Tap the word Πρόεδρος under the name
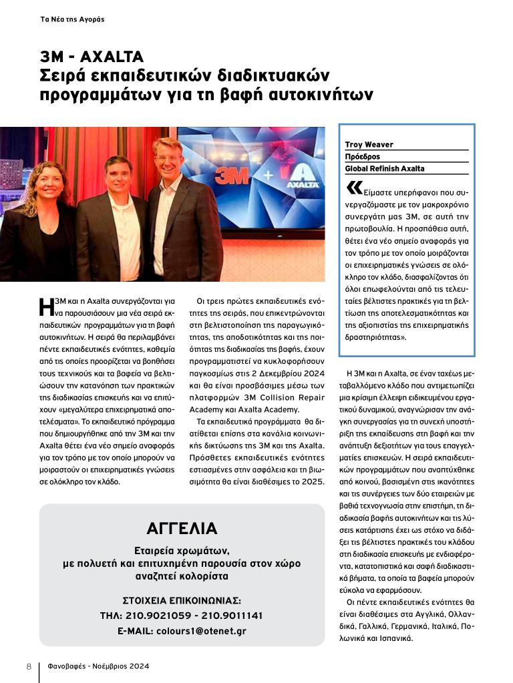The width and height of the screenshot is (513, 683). pyautogui.click(x=362, y=156)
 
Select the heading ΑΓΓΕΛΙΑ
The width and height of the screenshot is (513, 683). pyautogui.click(x=182, y=529)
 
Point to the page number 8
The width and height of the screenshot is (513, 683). pyautogui.click(x=29, y=666)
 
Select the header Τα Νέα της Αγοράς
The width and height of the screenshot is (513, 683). pyautogui.click(x=73, y=19)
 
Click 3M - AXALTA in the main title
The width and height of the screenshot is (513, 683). pyautogui.click(x=92, y=56)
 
